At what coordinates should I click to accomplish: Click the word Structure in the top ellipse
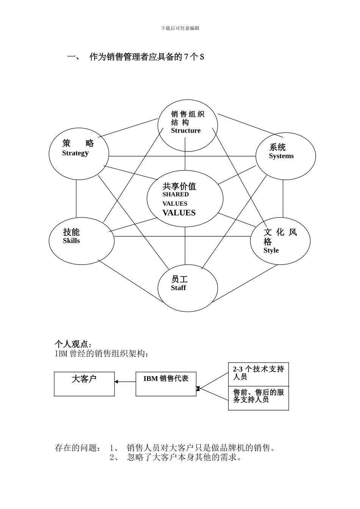click(x=186, y=131)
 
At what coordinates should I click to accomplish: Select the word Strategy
click(x=75, y=153)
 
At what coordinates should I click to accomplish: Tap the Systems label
click(x=281, y=156)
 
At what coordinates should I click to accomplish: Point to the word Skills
click(x=71, y=241)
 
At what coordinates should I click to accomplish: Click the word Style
click(x=271, y=250)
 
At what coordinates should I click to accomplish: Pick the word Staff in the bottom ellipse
click(x=178, y=288)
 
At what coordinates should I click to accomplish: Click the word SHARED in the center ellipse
click(x=175, y=195)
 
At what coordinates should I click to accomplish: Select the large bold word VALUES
click(x=179, y=213)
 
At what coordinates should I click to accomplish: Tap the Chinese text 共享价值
click(x=179, y=186)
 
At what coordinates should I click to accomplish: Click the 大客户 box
click(x=84, y=384)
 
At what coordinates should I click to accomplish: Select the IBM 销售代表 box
click(x=166, y=384)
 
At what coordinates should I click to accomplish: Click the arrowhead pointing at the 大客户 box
click(x=116, y=382)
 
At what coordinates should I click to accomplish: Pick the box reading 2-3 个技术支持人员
click(x=258, y=374)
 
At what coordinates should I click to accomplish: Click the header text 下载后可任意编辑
click(x=180, y=28)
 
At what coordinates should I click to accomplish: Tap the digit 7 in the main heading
click(x=186, y=57)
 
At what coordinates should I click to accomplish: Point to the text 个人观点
click(x=72, y=344)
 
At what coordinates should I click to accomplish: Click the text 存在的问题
click(x=77, y=448)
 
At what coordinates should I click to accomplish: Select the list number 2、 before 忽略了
click(x=114, y=457)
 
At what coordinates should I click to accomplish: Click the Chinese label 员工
click(x=179, y=279)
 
